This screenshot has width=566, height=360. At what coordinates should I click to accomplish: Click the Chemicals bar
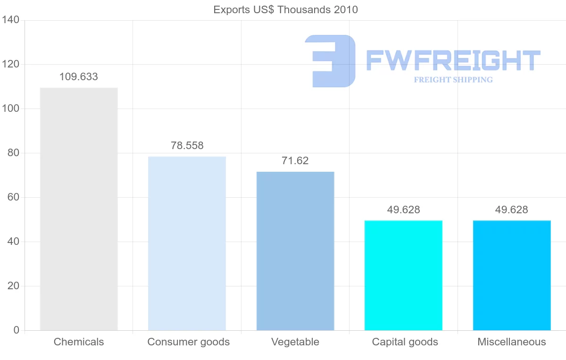click(79, 209)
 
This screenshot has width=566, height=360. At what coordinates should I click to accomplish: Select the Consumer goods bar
click(187, 243)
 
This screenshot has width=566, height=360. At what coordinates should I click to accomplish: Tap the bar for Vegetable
click(295, 251)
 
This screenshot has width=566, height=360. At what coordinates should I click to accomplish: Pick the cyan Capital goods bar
click(403, 275)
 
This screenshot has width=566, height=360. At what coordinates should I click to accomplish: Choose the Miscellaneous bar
click(512, 275)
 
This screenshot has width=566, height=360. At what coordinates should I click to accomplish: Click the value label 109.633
click(79, 77)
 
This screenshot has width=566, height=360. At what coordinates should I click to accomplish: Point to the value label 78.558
click(187, 146)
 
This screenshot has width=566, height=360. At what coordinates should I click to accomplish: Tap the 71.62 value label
click(295, 161)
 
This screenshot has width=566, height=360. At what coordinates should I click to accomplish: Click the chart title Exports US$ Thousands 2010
click(286, 9)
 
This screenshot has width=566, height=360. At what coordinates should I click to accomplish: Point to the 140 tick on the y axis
click(10, 20)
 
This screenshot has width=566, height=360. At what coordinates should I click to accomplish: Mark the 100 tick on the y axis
click(10, 109)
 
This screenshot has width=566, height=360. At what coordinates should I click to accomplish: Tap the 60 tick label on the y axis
click(13, 197)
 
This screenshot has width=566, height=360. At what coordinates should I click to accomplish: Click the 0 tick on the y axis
click(17, 330)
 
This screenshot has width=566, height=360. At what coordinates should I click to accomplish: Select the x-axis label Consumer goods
click(189, 342)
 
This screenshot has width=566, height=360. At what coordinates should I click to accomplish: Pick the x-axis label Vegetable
click(295, 342)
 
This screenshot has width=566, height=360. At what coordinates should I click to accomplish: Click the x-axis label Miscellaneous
click(512, 342)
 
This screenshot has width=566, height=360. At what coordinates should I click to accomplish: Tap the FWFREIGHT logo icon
click(330, 61)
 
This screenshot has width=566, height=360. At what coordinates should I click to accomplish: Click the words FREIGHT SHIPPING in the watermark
click(453, 80)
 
